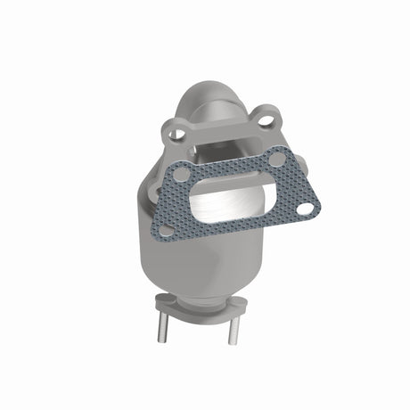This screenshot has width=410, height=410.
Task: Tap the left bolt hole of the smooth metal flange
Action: point(177,135)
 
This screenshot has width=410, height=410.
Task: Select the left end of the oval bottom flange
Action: point(159,301)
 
